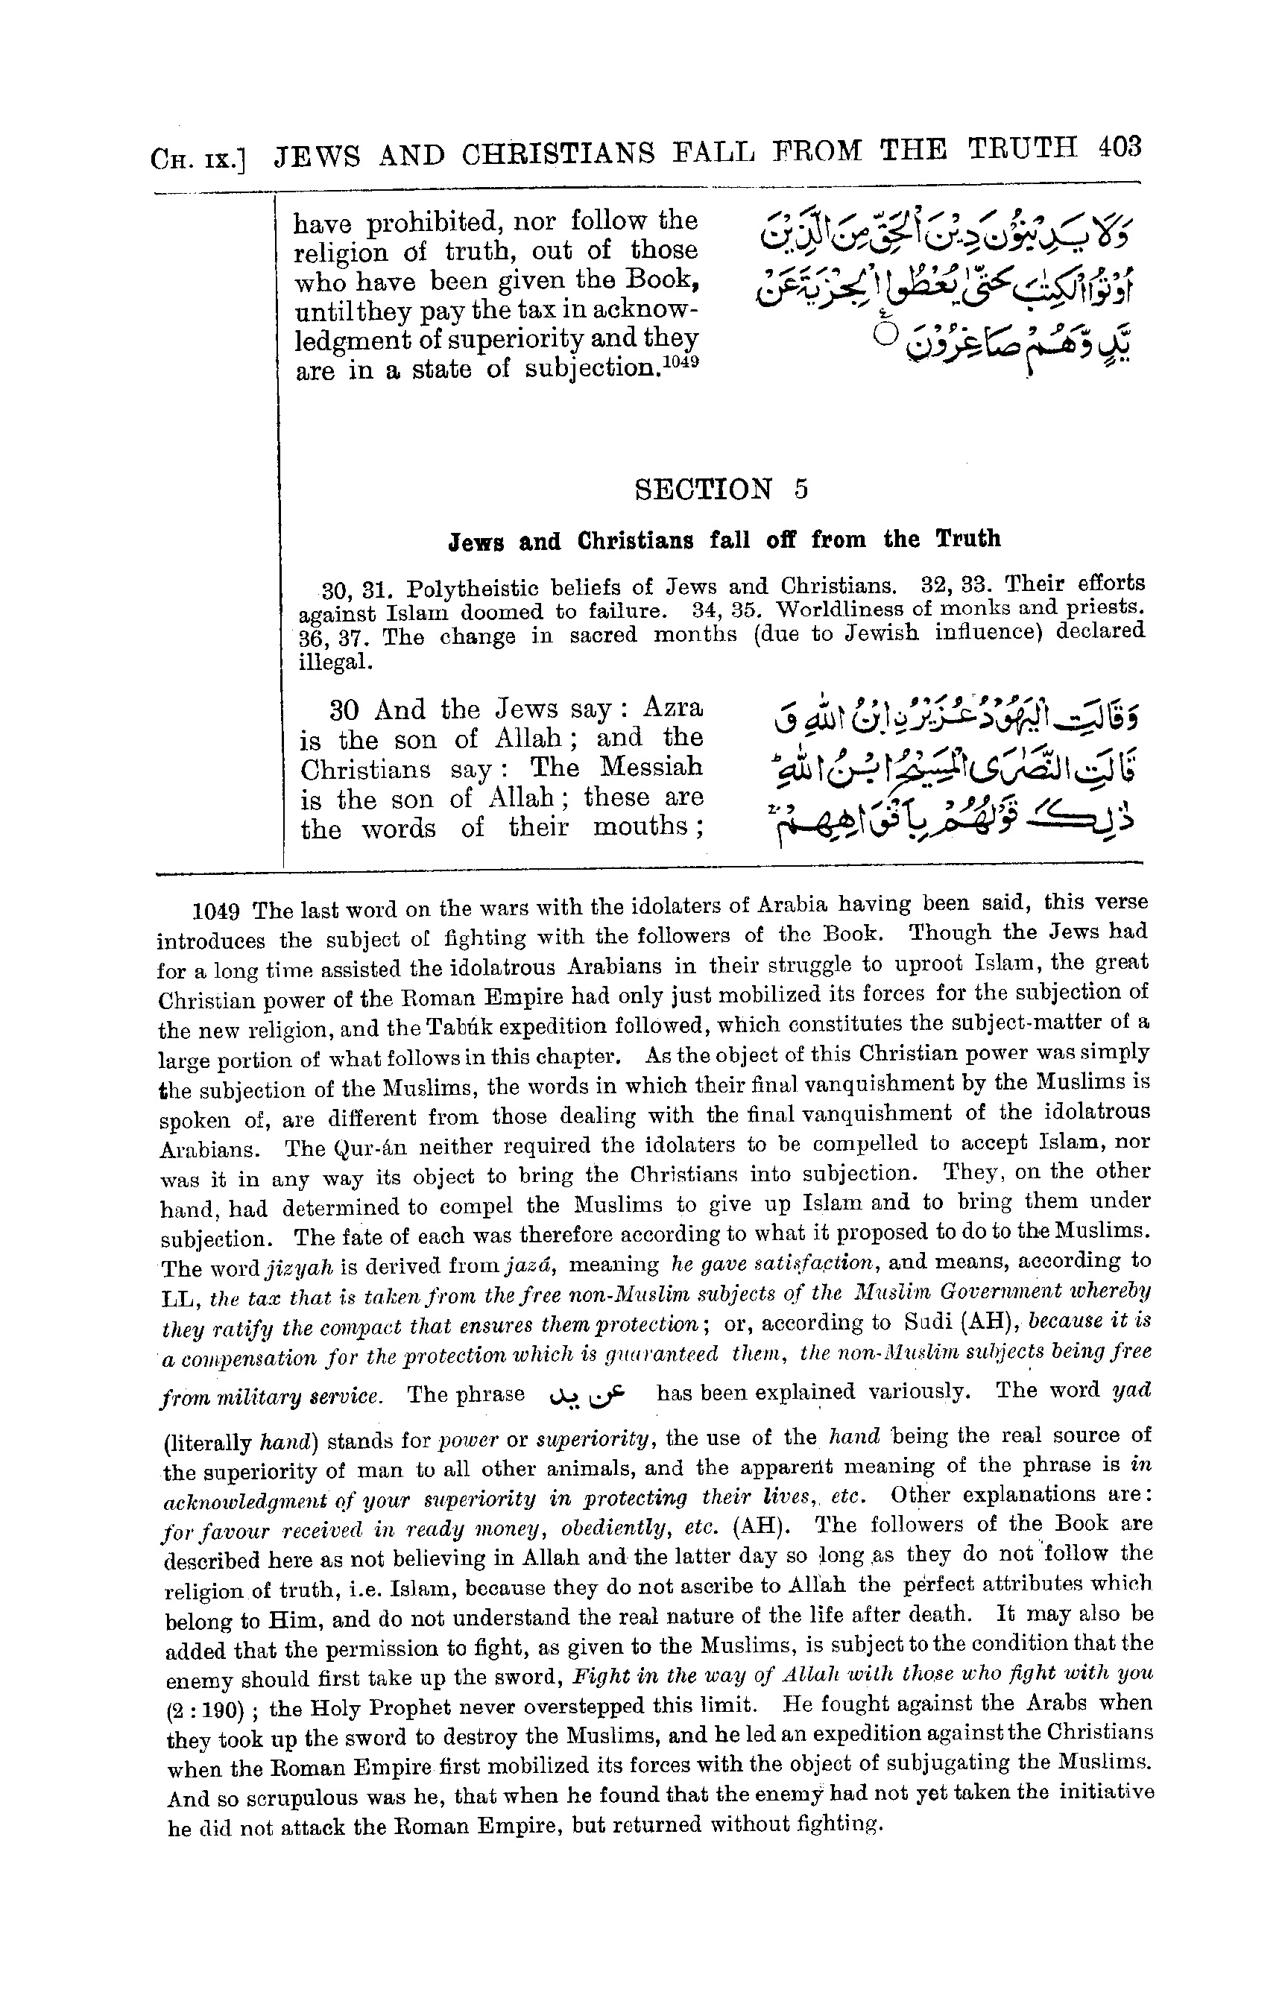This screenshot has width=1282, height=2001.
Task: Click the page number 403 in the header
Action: pyautogui.click(x=1118, y=148)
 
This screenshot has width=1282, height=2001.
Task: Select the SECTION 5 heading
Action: pyautogui.click(x=721, y=489)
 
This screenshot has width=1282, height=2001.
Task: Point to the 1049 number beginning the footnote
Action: pyautogui.click(x=215, y=911)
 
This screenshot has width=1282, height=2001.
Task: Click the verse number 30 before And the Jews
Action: pyautogui.click(x=344, y=710)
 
